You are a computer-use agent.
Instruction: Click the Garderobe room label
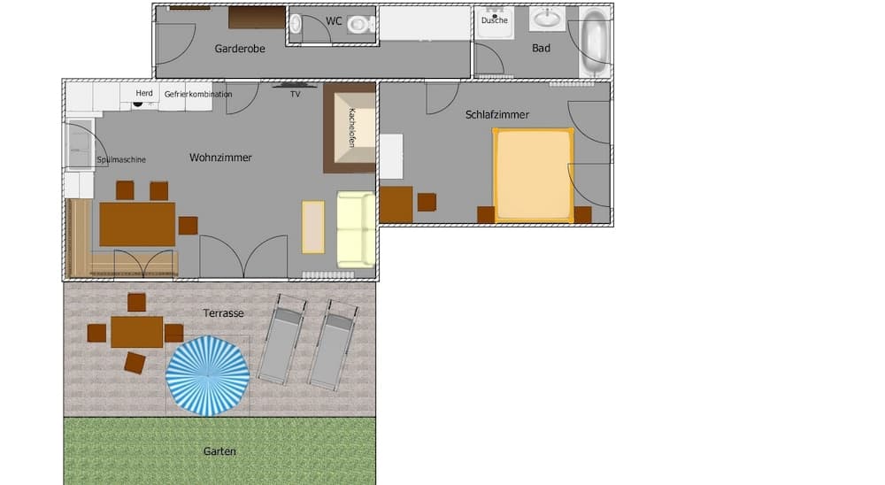click(239, 50)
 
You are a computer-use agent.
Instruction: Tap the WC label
click(334, 21)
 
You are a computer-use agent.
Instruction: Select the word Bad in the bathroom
click(541, 49)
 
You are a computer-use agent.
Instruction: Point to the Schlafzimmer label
click(497, 115)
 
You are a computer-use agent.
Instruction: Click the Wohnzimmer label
click(220, 158)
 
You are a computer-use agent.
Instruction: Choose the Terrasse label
click(224, 312)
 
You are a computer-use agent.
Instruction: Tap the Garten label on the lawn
click(219, 451)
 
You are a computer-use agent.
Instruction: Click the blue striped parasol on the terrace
click(208, 376)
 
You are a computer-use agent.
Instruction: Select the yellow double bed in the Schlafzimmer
click(533, 175)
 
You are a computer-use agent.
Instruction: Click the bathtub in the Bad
click(595, 42)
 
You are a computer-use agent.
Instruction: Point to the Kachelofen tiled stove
click(350, 127)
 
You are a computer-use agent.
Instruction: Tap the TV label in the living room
click(296, 95)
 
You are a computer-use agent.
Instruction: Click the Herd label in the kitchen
click(144, 93)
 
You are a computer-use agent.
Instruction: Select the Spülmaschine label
click(121, 160)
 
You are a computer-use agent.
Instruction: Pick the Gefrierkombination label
click(198, 95)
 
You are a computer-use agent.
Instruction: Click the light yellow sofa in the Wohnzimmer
click(356, 229)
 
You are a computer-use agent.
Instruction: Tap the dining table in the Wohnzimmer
click(137, 224)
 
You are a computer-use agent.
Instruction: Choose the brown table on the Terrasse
click(136, 332)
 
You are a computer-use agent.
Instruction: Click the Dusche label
click(495, 20)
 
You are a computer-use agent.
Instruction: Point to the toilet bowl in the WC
click(359, 24)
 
